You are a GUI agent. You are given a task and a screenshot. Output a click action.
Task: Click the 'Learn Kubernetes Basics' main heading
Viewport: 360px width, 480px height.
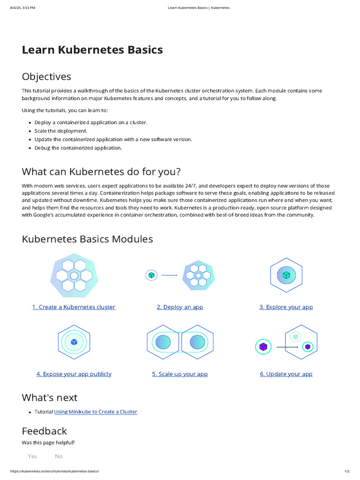coord(92,50)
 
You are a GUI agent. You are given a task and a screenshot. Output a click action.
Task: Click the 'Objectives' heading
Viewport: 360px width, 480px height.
coord(46,76)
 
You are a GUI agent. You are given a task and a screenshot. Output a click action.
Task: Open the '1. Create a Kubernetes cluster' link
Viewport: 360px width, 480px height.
coord(74,307)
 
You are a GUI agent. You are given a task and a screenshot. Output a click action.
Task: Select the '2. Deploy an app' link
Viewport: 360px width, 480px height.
coord(180,307)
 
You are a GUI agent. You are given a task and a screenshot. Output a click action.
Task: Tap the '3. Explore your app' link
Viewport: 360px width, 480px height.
coord(286,307)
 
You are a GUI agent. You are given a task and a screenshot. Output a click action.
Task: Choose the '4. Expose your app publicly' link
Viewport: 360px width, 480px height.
coord(74,374)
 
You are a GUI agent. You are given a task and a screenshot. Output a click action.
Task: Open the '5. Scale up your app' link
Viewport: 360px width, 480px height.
coord(180,374)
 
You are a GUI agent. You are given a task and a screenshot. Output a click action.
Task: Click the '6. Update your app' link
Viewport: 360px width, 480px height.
coord(286,374)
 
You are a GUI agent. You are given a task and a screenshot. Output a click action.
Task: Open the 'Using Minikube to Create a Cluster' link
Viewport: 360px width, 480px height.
coord(96,412)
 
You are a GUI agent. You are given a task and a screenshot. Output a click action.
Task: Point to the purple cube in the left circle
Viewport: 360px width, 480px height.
coord(263,347)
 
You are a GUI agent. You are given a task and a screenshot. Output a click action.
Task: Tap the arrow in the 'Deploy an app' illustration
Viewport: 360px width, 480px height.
coord(169,276)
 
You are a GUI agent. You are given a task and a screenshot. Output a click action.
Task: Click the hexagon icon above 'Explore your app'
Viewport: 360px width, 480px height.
coord(286,275)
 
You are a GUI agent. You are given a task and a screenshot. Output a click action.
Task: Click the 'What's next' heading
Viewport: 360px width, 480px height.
coord(50,397)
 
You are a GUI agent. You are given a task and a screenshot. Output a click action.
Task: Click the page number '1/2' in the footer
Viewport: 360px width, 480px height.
coord(347,471)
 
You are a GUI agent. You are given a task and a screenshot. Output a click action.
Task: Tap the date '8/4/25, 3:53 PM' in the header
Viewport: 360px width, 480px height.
coord(22,8)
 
